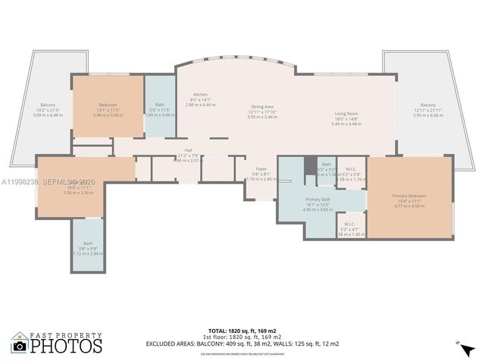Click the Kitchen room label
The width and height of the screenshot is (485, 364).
(x=200, y=95)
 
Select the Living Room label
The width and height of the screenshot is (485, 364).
(x=347, y=114)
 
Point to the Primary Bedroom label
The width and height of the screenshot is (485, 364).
(x=409, y=196)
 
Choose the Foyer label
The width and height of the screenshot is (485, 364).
(x=260, y=169)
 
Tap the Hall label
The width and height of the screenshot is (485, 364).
(x=188, y=150)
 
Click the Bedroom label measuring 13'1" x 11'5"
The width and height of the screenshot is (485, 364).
(x=108, y=105)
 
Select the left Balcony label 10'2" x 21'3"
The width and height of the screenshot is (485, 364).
(x=47, y=105)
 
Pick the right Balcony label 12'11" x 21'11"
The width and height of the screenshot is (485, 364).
(x=428, y=105)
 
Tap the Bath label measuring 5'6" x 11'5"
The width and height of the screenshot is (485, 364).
(x=160, y=105)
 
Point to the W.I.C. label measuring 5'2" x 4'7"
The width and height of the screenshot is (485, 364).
(x=349, y=224)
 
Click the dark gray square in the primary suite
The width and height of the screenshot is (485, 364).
(x=310, y=165)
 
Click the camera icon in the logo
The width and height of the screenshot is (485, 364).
(x=20, y=346)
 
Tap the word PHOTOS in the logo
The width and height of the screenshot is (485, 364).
(x=65, y=347)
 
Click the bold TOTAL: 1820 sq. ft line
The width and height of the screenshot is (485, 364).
(x=242, y=331)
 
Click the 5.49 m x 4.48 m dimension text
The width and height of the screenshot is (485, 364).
(x=347, y=124)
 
